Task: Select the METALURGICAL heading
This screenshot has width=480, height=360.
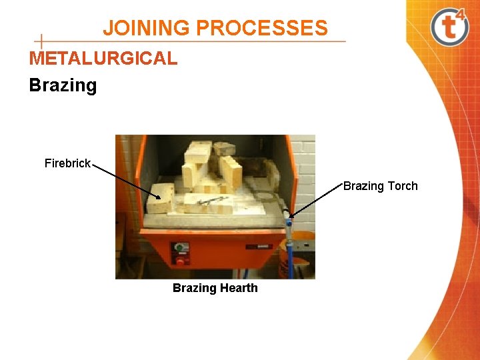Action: pos(103,59)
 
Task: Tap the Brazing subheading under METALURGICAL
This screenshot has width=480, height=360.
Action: pos(63,85)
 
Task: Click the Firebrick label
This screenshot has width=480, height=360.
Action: pos(67,163)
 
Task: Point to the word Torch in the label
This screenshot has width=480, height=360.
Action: pos(402,186)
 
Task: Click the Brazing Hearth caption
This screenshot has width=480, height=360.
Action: pos(215,288)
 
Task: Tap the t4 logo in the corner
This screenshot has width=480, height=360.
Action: pos(449,27)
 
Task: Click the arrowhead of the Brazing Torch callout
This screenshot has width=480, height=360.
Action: pos(291,214)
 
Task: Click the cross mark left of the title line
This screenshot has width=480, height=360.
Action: pos(42,41)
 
